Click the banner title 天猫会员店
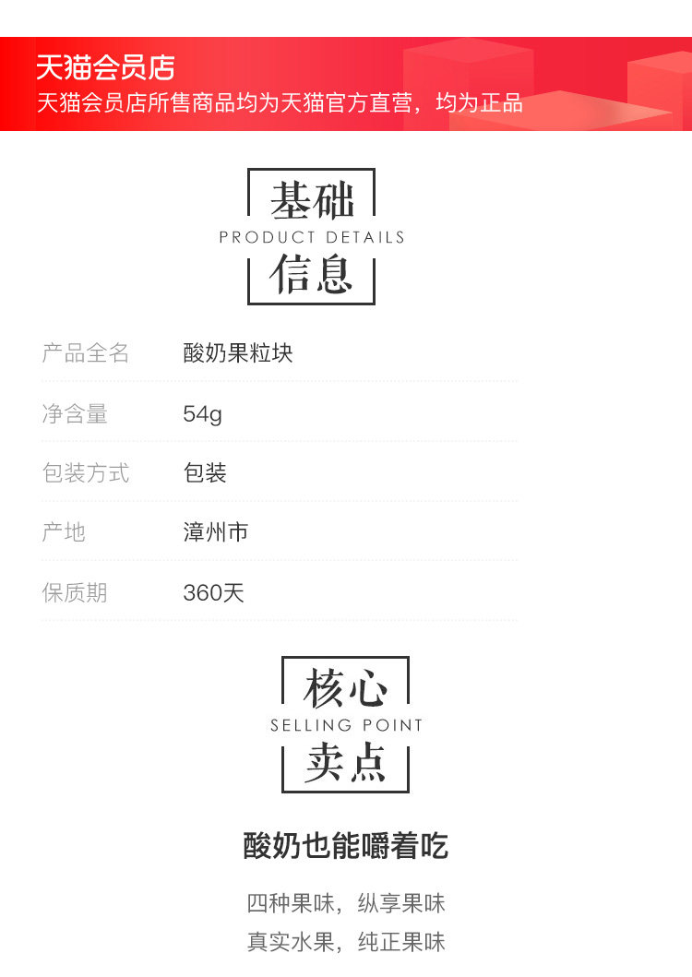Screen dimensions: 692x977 point(105,67)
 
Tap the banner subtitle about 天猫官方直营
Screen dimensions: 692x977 point(280,102)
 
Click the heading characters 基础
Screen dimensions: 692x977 point(312,199)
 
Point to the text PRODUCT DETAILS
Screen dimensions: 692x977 point(312,237)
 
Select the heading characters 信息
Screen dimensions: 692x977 point(312,274)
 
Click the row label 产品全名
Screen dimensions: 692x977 point(86,353)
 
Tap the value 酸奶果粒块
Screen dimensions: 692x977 point(238,353)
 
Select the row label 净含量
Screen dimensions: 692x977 point(75,413)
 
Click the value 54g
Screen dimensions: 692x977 point(202,414)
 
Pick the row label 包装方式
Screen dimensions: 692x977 point(86,473)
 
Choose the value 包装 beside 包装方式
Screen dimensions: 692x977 point(205,473)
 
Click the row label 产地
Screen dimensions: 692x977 point(64,532)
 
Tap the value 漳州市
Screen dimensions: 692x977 point(216,532)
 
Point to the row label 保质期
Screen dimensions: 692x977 point(75,592)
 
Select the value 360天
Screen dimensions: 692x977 point(213,592)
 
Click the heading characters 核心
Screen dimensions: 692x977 point(345,688)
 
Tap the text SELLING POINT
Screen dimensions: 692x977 point(346,725)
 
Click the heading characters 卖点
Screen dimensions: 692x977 point(345,763)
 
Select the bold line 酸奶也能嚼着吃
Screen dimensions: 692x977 point(346,845)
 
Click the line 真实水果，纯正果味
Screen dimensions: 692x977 point(346,942)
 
